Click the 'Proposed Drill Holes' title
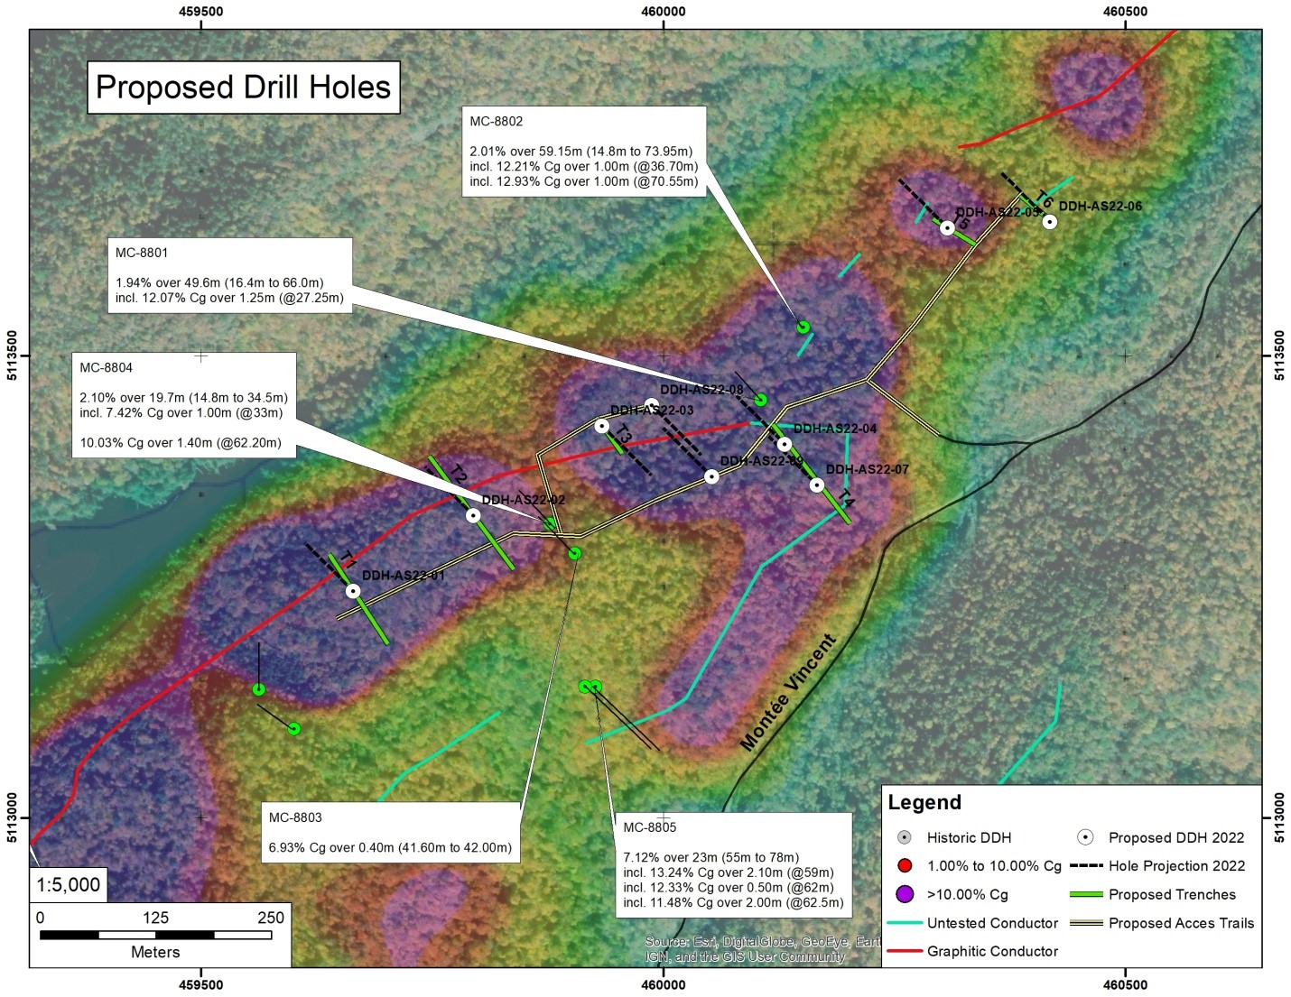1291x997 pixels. [243, 88]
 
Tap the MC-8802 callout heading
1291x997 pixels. [497, 122]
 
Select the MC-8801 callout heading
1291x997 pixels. [142, 254]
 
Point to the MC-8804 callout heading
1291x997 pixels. [106, 368]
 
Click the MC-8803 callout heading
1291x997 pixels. [295, 818]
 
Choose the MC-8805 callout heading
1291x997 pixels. [649, 827]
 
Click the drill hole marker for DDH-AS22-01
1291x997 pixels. [353, 591]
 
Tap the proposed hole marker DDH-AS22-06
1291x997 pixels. [1049, 221]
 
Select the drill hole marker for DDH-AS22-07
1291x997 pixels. [817, 485]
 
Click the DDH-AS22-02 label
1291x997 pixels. [523, 500]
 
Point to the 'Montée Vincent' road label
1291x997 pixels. [787, 693]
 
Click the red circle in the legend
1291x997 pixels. [906, 866]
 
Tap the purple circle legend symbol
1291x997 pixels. [906, 894]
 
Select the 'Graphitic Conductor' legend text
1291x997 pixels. [992, 951]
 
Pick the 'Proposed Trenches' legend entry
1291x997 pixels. [1172, 894]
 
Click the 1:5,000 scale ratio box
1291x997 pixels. [68, 884]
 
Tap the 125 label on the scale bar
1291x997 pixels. [155, 918]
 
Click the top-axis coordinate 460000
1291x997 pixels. [664, 12]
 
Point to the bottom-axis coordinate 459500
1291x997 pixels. [201, 984]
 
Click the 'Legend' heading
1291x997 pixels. [924, 802]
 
